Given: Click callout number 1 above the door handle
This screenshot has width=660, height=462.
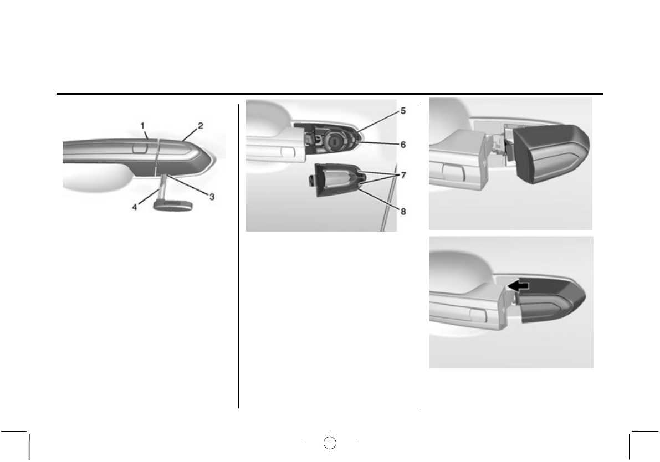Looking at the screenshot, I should tap(144, 127).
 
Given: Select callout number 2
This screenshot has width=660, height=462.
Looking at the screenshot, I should tap(200, 126).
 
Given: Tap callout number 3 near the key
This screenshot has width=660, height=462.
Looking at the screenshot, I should tap(212, 196).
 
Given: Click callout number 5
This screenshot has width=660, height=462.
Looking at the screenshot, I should tap(403, 110).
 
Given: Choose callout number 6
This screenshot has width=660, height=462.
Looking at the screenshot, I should tap(403, 144).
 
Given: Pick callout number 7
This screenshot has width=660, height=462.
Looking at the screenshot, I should tap(403, 175).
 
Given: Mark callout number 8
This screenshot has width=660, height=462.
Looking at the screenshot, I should tap(403, 211).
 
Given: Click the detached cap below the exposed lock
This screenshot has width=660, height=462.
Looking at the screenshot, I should tap(336, 179).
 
